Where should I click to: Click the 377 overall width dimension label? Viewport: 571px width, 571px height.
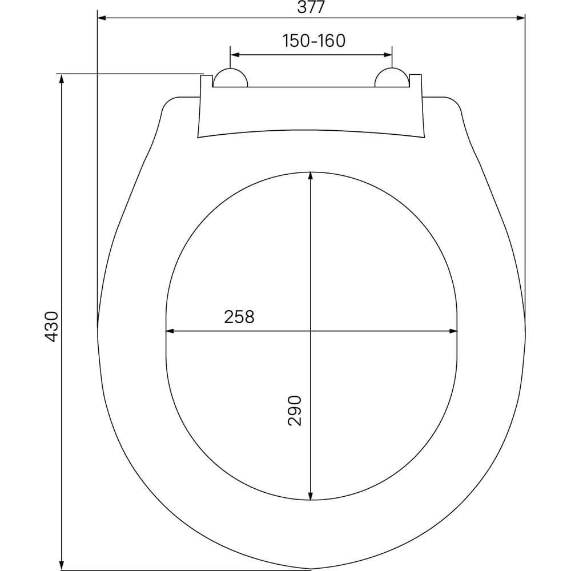click(311, 7)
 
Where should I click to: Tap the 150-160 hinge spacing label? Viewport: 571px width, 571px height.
click(314, 41)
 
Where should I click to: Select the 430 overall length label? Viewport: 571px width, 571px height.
click(51, 327)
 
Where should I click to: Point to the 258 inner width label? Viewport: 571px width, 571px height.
click(239, 317)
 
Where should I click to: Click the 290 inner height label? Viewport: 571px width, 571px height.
click(295, 411)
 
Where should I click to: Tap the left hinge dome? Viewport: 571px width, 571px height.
click(230, 78)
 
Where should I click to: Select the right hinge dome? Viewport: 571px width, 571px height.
click(392, 78)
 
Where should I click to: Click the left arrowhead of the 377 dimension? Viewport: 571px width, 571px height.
click(102, 18)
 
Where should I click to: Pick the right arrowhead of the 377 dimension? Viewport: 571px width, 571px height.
click(521, 18)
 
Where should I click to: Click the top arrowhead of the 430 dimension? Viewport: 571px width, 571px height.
click(62, 78)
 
